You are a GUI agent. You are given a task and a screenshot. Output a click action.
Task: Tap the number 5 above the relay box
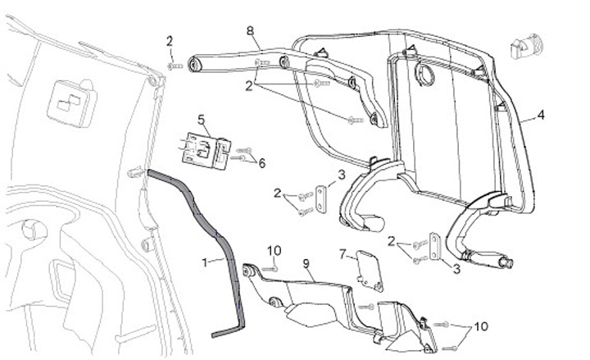[200, 120]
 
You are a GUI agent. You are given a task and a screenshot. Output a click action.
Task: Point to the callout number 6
[261, 164]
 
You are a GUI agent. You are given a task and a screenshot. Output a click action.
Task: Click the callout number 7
[343, 254]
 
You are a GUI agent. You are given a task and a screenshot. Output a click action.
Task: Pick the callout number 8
[250, 30]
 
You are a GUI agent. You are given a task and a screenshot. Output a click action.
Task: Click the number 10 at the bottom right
[479, 326]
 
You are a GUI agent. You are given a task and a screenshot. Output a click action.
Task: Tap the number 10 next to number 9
[274, 249]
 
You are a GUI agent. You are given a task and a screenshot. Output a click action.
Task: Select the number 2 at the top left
[169, 41]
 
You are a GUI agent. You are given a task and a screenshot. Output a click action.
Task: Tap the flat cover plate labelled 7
[370, 270]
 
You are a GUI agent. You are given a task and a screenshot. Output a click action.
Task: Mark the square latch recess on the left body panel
[69, 102]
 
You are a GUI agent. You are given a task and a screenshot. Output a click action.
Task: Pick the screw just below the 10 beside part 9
[275, 267]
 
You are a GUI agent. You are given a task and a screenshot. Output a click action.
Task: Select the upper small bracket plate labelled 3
[321, 198]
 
